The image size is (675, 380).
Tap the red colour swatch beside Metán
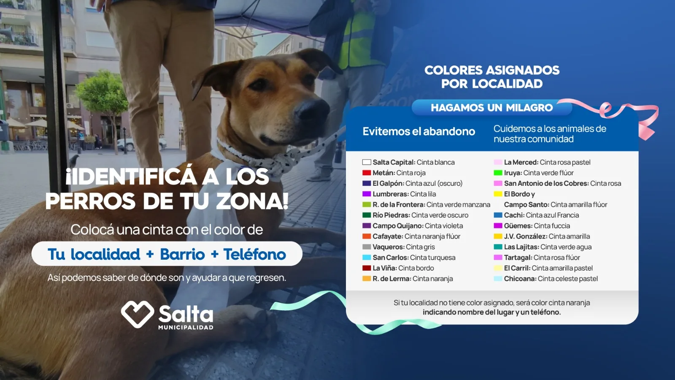click(x=367, y=173)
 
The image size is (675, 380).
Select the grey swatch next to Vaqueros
click(x=367, y=247)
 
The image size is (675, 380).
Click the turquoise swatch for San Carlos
click(x=367, y=258)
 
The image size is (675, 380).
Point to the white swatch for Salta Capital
click(x=367, y=162)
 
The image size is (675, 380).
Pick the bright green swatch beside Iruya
click(x=498, y=173)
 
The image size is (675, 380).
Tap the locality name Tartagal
click(x=518, y=258)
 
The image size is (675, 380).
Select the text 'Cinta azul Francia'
click(x=552, y=215)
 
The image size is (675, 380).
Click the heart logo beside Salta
click(x=138, y=314)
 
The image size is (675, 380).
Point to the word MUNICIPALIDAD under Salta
click(x=186, y=327)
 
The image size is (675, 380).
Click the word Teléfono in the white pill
click(x=255, y=254)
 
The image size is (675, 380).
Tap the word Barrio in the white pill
click(x=182, y=254)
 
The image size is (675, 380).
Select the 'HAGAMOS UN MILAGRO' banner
click(x=492, y=108)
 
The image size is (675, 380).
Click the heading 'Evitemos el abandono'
click(x=419, y=131)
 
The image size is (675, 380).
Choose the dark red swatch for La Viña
click(x=367, y=268)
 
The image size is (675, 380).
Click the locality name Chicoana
click(x=520, y=279)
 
